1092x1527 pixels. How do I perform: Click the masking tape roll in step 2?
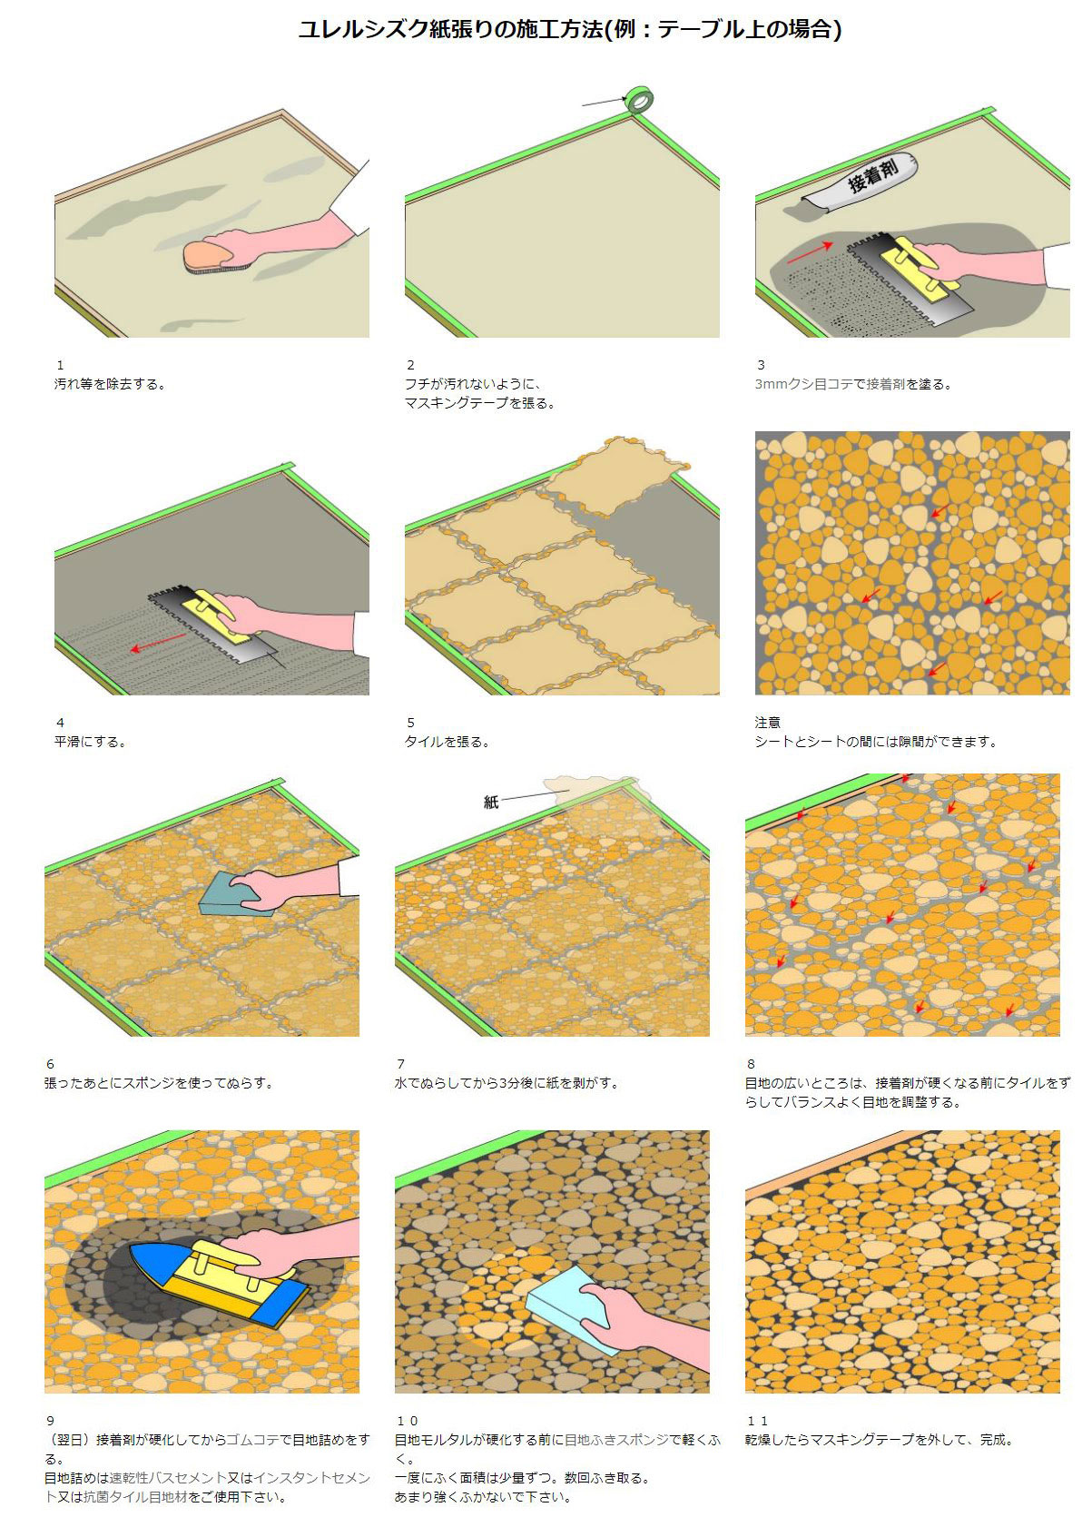coord(639,100)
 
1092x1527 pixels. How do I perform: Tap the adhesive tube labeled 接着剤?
coord(861,182)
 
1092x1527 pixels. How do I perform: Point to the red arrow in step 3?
coord(809,252)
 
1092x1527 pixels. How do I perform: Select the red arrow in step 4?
coord(158,642)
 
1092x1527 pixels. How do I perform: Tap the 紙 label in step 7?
coord(491,802)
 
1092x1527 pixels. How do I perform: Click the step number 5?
coord(410,722)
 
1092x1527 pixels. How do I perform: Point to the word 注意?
coord(768,722)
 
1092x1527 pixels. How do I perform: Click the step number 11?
coord(757,1415)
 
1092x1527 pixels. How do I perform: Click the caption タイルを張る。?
coord(448,741)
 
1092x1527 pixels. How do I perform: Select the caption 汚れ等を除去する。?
coord(111,384)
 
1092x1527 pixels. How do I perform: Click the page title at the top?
coord(570,29)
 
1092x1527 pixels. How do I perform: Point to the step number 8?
coord(751,1063)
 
